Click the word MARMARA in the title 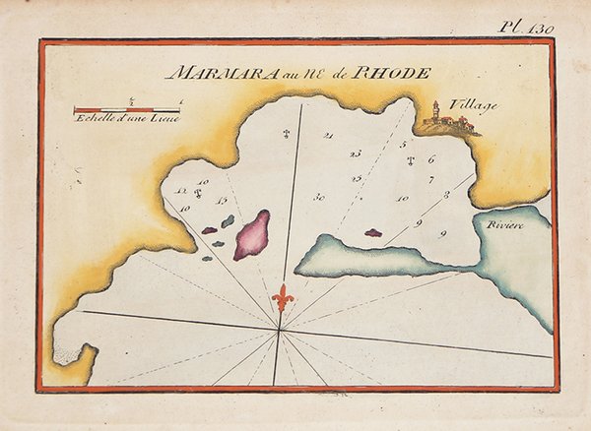[x=205, y=74]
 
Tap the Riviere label [x=502, y=225]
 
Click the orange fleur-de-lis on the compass [x=284, y=297]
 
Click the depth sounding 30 [x=319, y=197]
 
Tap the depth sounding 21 [x=328, y=135]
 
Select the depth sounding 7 [x=431, y=179]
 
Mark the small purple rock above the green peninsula [x=372, y=233]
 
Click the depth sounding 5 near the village [x=404, y=144]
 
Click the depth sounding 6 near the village [x=431, y=157]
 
